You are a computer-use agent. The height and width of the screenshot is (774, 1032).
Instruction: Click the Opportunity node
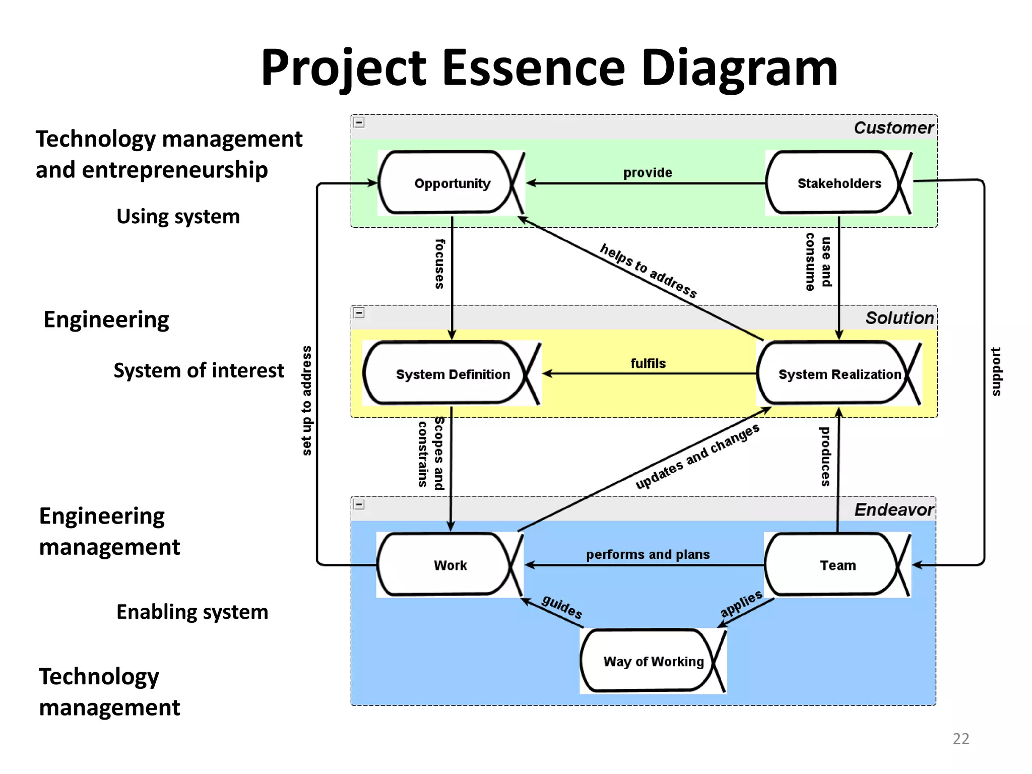pyautogui.click(x=451, y=183)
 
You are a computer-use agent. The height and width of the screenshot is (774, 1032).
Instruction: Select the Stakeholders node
pyautogui.click(x=838, y=183)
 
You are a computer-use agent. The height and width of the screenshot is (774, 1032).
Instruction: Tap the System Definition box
pyautogui.click(x=452, y=374)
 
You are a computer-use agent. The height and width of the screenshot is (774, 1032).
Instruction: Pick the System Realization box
pyautogui.click(x=839, y=374)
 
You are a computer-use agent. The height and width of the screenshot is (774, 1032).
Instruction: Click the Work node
pyautogui.click(x=450, y=565)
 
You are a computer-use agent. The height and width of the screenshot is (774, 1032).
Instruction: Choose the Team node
pyautogui.click(x=837, y=565)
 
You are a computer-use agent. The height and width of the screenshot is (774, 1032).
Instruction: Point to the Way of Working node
pyautogui.click(x=653, y=661)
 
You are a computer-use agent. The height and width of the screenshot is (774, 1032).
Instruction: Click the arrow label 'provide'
pyautogui.click(x=648, y=173)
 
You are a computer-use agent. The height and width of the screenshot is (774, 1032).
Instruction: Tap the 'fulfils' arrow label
pyautogui.click(x=648, y=363)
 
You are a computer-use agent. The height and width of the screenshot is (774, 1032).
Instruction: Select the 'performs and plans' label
pyautogui.click(x=648, y=554)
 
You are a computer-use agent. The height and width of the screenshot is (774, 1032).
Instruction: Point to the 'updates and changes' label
pyautogui.click(x=697, y=457)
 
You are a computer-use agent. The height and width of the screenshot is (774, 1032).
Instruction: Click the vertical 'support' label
pyautogui.click(x=996, y=371)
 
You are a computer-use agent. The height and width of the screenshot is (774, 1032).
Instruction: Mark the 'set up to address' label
pyautogui.click(x=306, y=401)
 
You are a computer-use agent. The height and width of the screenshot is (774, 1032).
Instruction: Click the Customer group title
pyautogui.click(x=893, y=127)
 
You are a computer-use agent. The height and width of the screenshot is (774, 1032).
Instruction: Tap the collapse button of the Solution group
pyautogui.click(x=359, y=313)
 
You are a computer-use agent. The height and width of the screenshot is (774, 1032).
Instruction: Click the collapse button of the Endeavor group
pyautogui.click(x=359, y=504)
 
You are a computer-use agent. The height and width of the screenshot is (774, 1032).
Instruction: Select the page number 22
pyautogui.click(x=960, y=738)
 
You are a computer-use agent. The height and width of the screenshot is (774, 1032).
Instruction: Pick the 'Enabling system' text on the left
pyautogui.click(x=192, y=612)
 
